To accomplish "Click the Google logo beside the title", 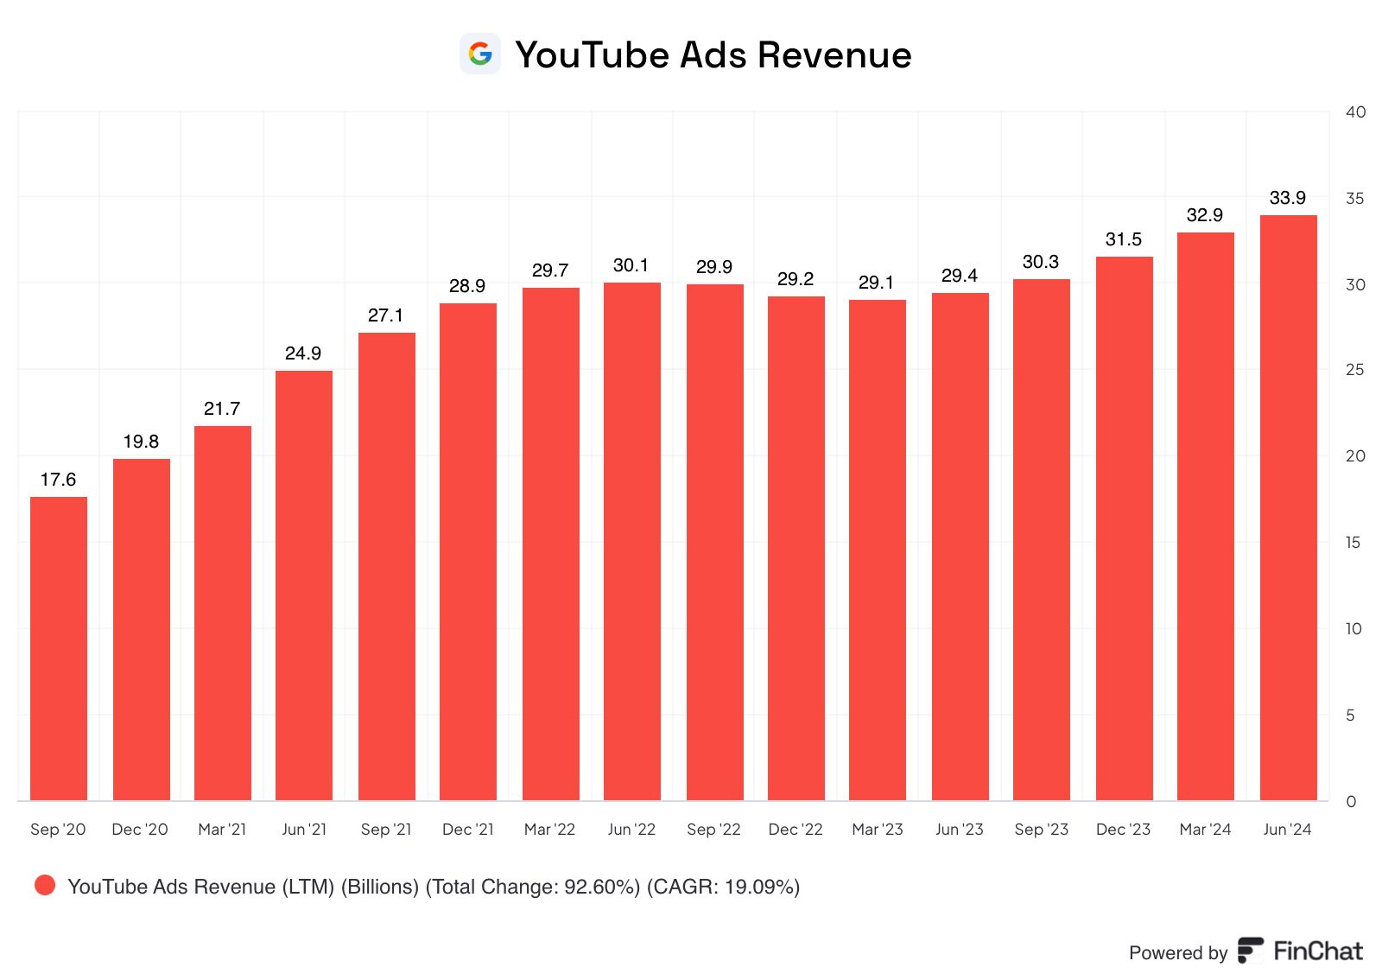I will tap(480, 54).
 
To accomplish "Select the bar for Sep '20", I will tap(59, 648).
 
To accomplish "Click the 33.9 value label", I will tap(1287, 198).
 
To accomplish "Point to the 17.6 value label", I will tap(58, 480).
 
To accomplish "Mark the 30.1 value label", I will tap(631, 265).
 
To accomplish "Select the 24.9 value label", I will tap(303, 353).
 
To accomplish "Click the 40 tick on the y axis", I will tap(1355, 111).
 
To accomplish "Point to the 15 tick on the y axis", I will tap(1353, 542).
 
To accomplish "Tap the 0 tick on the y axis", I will tap(1351, 801).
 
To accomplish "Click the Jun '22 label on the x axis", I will tap(631, 830).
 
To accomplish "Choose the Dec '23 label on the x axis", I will tap(1123, 830).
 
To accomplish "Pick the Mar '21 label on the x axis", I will tap(222, 830).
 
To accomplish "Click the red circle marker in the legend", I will tap(45, 885).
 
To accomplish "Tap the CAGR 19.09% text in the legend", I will tap(723, 887).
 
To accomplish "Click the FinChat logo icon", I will tap(1250, 951).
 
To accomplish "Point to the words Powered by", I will tap(1178, 953).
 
